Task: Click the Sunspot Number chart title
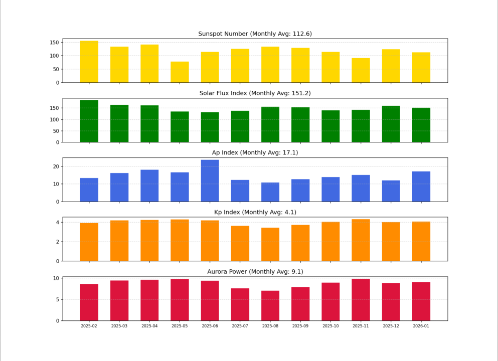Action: [x=255, y=34]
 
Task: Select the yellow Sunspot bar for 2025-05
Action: [x=180, y=72]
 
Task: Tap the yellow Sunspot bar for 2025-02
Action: [x=89, y=62]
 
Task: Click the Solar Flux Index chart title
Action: [x=255, y=93]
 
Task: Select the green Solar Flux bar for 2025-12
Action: [x=391, y=124]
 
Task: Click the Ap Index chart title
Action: [x=255, y=152]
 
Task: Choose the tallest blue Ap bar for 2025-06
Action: [x=210, y=180]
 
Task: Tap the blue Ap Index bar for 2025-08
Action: [x=270, y=192]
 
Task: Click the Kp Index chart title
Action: [x=255, y=212]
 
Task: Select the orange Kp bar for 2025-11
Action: [x=361, y=240]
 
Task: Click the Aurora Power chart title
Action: [x=255, y=272]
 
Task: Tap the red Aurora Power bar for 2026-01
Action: [x=421, y=301]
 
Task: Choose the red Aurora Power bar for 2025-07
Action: [x=240, y=304]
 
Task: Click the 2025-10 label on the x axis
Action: [x=330, y=326]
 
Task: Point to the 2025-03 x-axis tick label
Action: [x=119, y=326]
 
